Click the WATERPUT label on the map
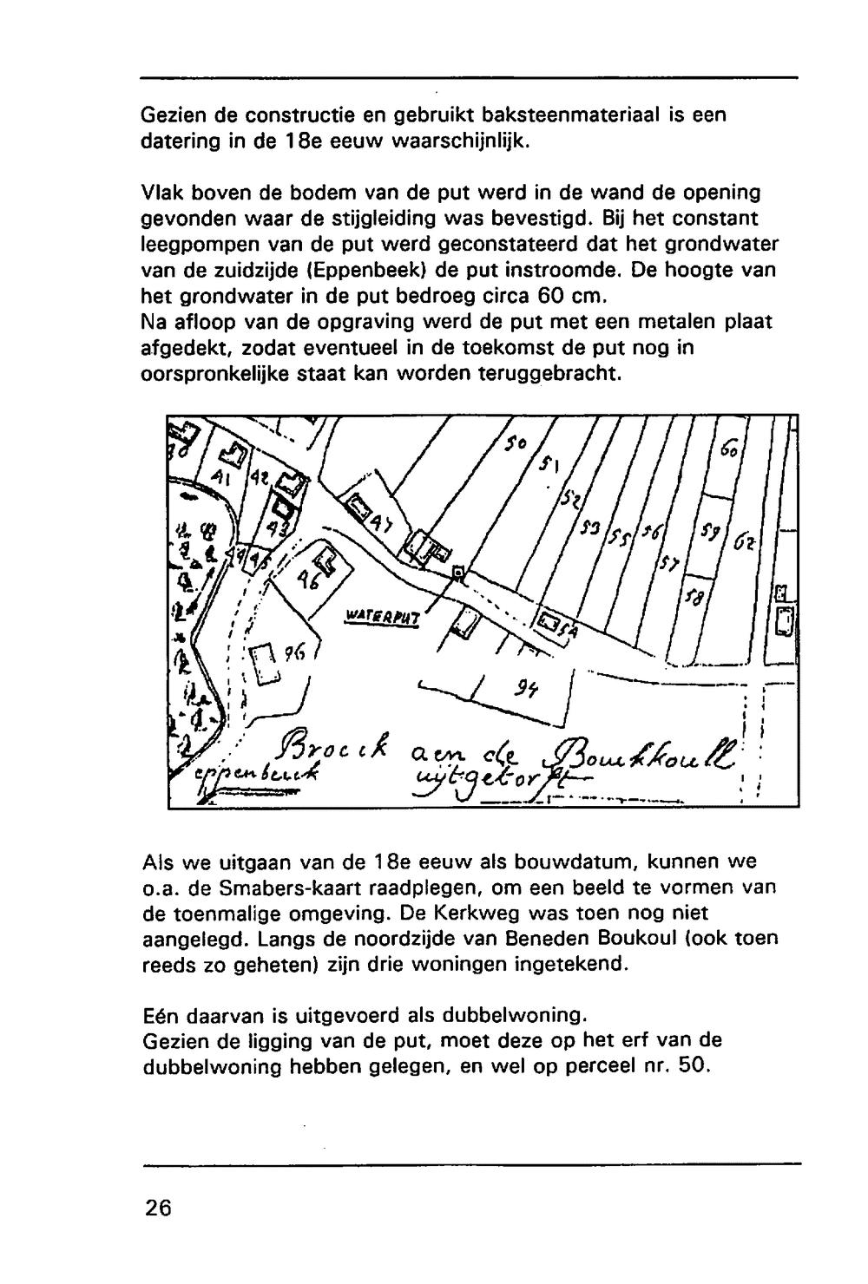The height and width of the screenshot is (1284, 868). [x=383, y=617]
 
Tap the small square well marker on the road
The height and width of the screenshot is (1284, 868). [x=458, y=572]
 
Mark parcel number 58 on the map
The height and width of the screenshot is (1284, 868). [x=694, y=599]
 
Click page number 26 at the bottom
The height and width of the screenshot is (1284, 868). [x=159, y=1208]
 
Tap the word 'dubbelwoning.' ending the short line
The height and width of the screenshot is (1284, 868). [x=516, y=1014]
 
